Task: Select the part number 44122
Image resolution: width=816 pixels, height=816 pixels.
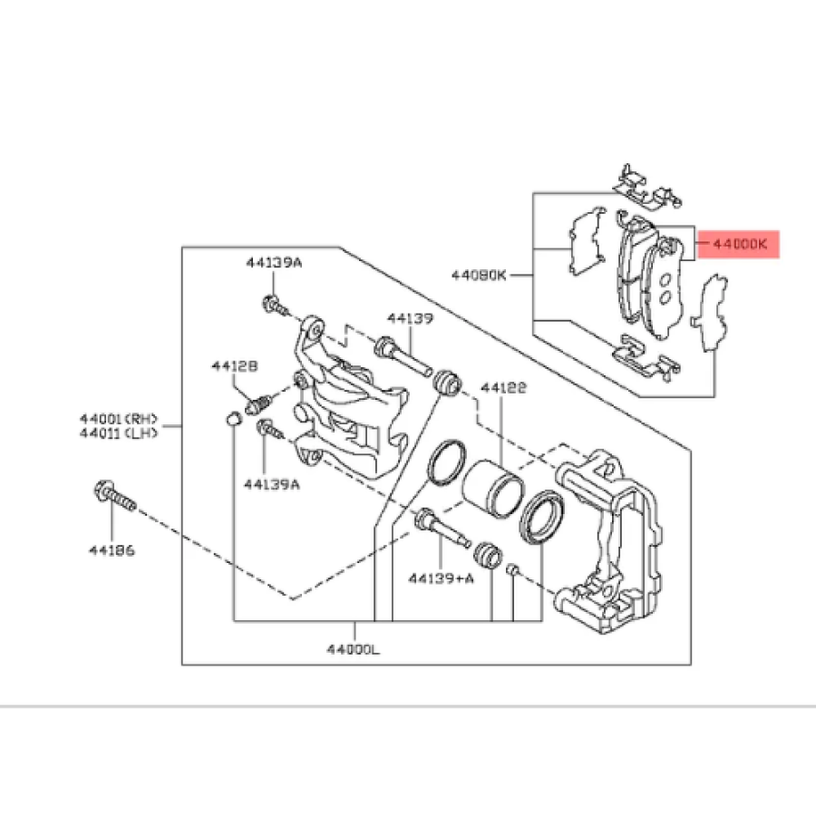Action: coord(503,387)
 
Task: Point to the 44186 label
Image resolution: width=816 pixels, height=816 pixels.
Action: coord(112,551)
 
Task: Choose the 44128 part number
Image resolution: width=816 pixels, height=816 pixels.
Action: coord(236,365)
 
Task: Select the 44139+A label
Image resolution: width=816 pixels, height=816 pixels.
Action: coord(441,577)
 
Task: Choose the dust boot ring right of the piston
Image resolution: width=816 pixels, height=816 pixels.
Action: coord(543,516)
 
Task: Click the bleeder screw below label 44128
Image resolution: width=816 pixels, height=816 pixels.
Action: coord(259,400)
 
